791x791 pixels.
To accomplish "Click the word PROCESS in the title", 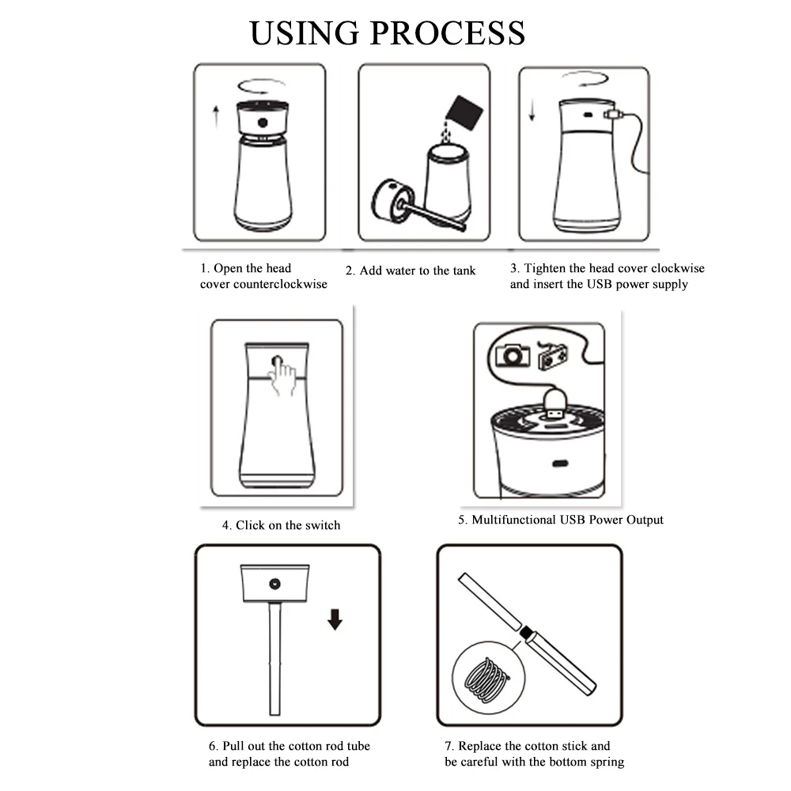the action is [448, 33].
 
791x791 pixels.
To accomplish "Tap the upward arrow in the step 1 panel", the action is [216, 116].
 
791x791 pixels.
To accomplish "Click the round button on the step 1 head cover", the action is [263, 123].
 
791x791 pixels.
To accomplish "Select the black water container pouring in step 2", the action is [464, 112].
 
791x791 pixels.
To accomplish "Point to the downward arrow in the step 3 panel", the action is [532, 110].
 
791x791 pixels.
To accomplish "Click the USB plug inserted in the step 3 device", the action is [614, 115].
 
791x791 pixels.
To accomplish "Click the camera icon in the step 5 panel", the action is [513, 355].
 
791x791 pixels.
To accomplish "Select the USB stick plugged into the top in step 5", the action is [554, 404].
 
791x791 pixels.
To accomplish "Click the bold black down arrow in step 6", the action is [335, 619].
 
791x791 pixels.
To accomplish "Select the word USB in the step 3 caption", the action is [600, 285].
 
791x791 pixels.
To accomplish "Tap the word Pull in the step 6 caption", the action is [233, 746].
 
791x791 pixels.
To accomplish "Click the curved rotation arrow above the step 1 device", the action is [261, 86].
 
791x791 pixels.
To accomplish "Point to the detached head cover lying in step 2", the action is [393, 200].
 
